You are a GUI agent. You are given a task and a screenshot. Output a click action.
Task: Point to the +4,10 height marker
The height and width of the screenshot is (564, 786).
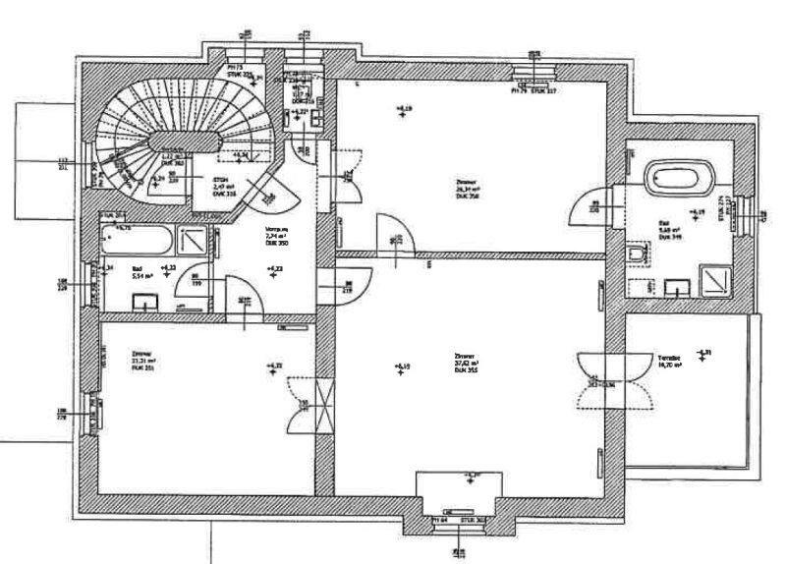pos(401,367)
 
